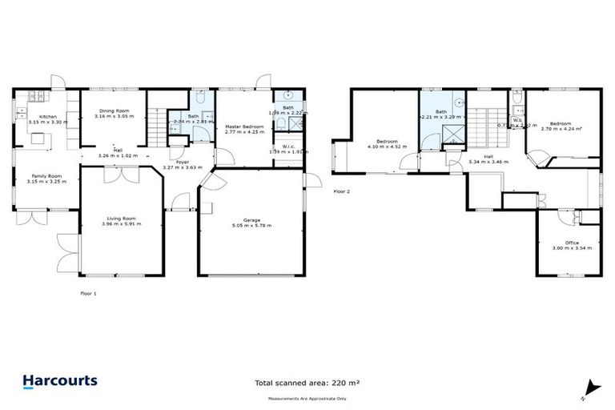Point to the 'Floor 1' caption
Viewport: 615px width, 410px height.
pyautogui.click(x=88, y=294)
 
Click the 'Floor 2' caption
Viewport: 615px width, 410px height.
pyautogui.click(x=342, y=191)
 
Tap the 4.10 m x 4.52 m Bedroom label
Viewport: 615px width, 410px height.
pyautogui.click(x=387, y=144)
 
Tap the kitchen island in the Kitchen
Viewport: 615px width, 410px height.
pyautogui.click(x=38, y=139)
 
